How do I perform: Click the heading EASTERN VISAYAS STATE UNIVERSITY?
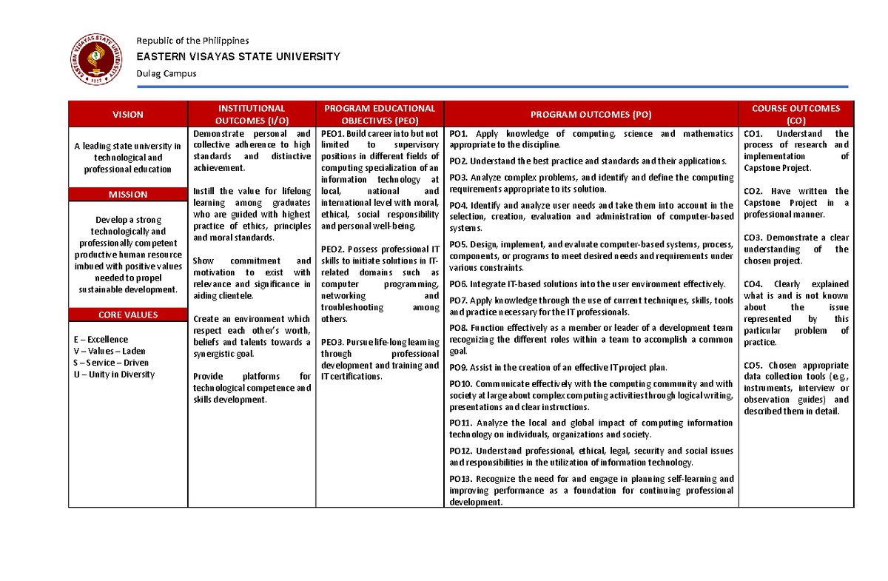coord(237,56)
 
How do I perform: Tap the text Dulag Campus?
coord(166,74)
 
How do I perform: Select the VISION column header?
coord(128,114)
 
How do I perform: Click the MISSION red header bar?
coord(128,195)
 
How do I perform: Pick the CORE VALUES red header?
coord(128,315)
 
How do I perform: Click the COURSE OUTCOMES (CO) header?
coord(795,114)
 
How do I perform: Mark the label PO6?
coord(459,284)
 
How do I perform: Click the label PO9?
coord(459,368)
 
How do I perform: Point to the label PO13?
coord(461,479)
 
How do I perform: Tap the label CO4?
coord(753,284)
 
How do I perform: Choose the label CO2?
coord(753,192)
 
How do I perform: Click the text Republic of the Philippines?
coord(192,41)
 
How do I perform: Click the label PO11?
coord(461,423)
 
